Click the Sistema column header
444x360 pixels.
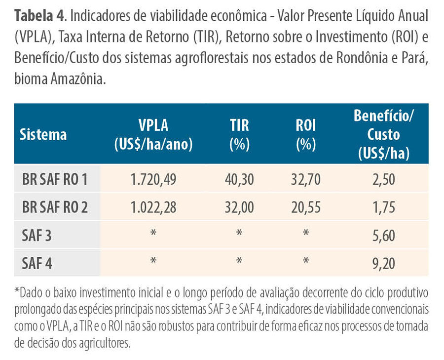[x=43, y=134]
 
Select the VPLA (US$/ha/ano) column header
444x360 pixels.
[x=153, y=134]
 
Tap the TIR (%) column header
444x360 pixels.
[x=239, y=134]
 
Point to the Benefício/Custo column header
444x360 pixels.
[x=384, y=134]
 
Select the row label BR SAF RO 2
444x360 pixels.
[x=54, y=207]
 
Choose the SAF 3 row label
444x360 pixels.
[x=37, y=236]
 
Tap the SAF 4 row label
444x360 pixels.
[x=37, y=263]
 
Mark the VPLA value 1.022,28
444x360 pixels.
[x=153, y=207]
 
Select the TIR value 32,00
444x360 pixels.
[x=239, y=207]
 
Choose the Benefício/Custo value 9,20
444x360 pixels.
[x=384, y=263]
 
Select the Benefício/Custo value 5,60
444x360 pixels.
[x=384, y=236]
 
